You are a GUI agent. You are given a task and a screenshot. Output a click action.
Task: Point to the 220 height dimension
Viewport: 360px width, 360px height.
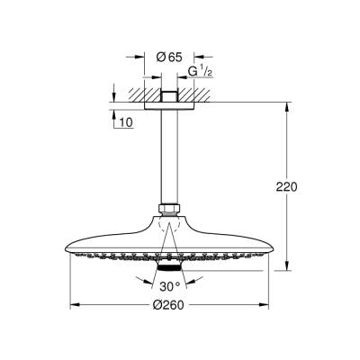point(287,187)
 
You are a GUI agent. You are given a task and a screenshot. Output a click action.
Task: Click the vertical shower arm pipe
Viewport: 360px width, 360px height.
point(166,162)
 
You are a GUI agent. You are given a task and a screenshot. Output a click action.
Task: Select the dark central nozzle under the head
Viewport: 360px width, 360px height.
point(166,268)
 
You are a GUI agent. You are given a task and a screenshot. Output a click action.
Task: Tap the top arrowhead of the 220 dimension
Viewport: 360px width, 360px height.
point(287,111)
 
